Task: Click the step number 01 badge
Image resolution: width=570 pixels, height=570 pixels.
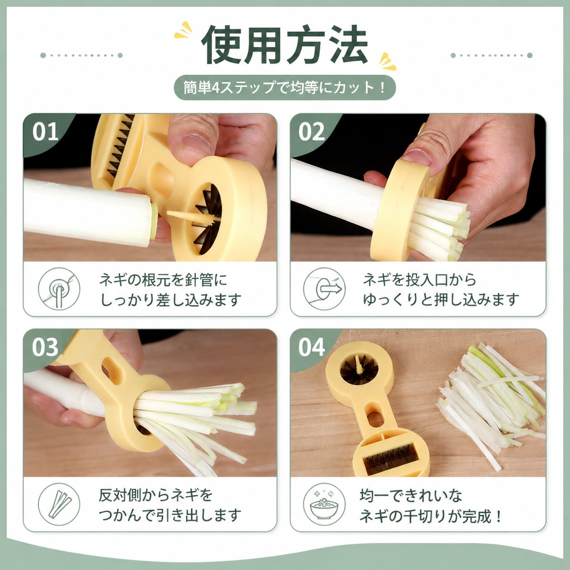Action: [45, 132]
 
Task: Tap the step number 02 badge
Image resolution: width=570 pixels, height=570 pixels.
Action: [311, 132]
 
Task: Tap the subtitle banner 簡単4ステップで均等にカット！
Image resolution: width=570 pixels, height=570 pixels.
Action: [285, 88]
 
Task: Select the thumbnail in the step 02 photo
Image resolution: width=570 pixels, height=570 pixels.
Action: [417, 157]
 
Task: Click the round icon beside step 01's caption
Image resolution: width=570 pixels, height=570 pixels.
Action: [59, 289]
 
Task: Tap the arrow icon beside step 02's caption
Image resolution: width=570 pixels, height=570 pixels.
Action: [325, 289]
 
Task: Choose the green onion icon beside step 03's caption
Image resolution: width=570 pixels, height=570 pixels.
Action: [59, 504]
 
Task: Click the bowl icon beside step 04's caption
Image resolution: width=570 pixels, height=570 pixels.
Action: [325, 504]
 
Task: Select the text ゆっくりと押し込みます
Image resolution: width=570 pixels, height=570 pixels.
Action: [441, 300]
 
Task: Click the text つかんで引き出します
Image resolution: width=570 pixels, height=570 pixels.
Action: [170, 515]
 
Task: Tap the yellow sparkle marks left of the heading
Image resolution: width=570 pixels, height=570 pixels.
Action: [183, 30]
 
